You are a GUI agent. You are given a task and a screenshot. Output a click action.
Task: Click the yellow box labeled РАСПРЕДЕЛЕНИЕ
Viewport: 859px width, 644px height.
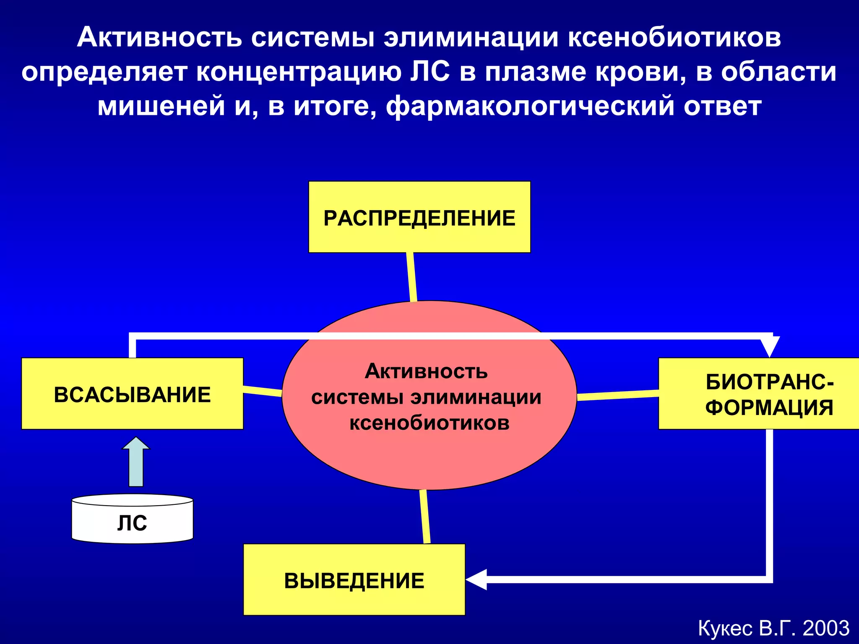419,217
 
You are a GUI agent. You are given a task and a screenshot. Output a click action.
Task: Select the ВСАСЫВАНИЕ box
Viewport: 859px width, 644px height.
132,394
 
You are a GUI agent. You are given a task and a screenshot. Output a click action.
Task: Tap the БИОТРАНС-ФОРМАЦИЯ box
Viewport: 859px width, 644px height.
758,394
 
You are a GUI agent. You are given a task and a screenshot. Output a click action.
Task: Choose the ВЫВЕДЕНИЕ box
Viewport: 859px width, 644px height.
354,579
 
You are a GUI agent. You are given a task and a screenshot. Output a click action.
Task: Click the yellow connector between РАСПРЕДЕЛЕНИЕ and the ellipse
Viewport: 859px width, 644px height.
411,277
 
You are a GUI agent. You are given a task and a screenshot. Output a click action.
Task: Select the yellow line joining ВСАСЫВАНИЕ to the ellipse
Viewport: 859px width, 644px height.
263,391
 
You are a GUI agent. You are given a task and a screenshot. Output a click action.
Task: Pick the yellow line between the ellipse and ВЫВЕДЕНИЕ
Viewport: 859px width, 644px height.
425,517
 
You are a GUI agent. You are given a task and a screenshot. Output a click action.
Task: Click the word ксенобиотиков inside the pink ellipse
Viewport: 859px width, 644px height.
429,423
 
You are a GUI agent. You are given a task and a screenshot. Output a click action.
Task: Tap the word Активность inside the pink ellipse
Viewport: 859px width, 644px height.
426,371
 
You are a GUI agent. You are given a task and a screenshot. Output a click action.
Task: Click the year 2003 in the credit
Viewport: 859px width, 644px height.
826,628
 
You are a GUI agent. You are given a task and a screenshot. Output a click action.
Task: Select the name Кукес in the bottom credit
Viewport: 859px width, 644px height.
725,628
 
